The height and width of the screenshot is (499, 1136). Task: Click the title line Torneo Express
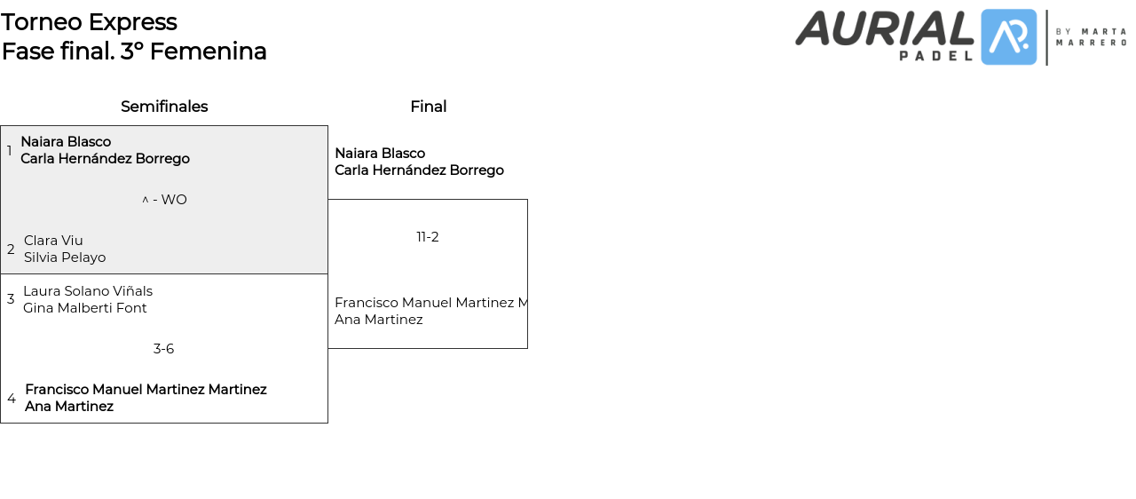[x=89, y=22]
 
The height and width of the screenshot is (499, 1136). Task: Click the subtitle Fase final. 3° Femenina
[x=134, y=51]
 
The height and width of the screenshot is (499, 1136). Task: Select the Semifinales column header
[x=164, y=107]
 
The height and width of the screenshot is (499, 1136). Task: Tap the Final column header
[x=428, y=107]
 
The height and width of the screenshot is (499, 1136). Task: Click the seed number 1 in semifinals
[x=10, y=151]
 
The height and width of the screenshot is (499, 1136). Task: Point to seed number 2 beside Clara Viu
[x=11, y=249]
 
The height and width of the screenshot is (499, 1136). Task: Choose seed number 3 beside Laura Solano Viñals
[x=11, y=299]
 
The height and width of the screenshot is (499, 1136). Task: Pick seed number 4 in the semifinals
[x=12, y=399]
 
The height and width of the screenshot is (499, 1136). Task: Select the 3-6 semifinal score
[x=163, y=349]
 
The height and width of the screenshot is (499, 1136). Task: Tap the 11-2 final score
[x=428, y=237]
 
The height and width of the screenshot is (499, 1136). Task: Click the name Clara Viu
[x=53, y=241]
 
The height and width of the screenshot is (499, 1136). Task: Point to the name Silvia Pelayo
[x=65, y=257]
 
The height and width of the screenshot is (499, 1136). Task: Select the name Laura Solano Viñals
[x=88, y=291]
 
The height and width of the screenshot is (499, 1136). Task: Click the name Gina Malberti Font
[x=85, y=308]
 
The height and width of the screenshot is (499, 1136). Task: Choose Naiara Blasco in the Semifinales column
[x=66, y=142]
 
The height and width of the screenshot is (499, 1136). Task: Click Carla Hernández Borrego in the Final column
[x=419, y=170]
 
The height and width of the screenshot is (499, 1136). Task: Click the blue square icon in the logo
[x=1008, y=37]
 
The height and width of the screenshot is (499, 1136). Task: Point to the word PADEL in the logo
[x=936, y=55]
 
